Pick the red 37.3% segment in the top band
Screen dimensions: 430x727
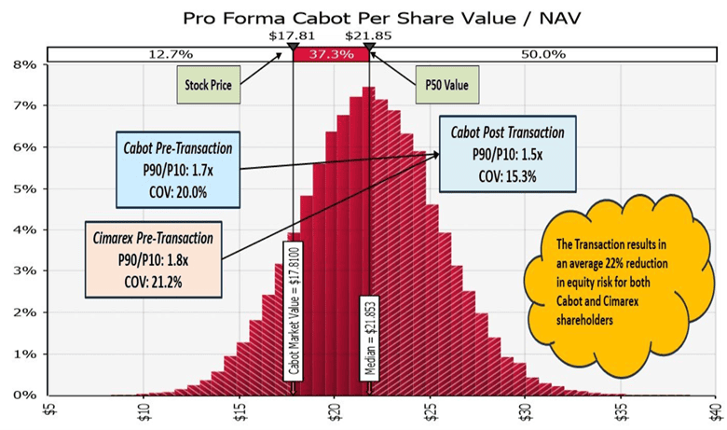coord(331,54)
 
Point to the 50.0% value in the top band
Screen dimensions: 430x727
coord(542,54)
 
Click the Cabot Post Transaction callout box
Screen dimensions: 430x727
coord(507,152)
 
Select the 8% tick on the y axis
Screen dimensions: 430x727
coord(23,64)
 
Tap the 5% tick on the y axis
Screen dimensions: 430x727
coord(23,188)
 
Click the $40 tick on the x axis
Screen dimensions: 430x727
coord(713,410)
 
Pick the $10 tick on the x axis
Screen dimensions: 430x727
coord(140,410)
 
